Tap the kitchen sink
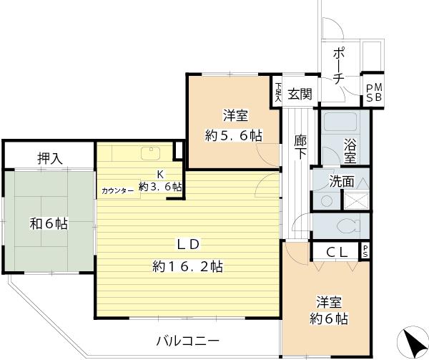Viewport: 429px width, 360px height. point(151,152)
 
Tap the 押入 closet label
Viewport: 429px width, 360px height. point(49,157)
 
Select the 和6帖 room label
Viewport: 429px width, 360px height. point(48,223)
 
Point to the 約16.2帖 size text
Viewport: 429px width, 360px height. point(187,267)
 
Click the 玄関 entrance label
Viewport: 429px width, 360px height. point(300,93)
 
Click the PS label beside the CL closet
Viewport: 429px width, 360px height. point(365,251)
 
